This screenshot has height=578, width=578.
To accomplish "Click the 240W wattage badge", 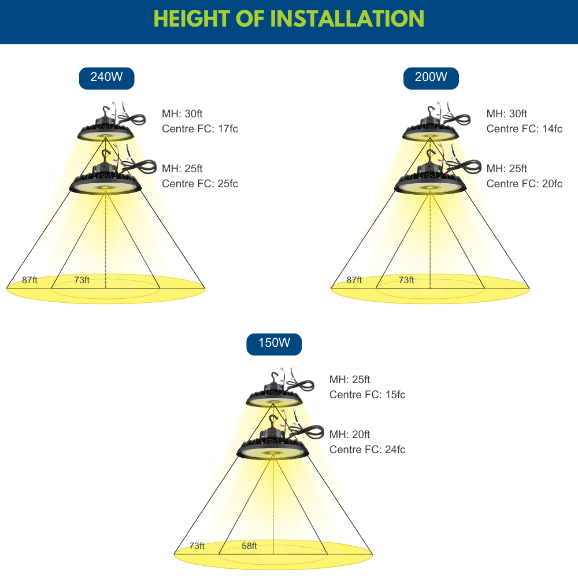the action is point(106,78).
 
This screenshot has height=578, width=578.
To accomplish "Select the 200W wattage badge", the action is point(431,78).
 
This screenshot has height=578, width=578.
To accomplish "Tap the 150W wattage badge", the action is point(274,344).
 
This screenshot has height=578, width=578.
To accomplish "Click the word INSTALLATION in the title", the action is point(347,18).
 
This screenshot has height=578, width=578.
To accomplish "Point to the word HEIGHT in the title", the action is point(192,18).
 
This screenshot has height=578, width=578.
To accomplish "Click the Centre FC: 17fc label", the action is point(200,129).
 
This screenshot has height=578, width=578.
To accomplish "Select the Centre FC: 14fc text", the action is point(524,129).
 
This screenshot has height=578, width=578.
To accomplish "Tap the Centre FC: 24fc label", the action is point(367,449).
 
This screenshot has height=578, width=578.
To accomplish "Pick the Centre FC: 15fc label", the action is point(367,394).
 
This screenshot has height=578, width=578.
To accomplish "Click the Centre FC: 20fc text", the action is point(524,184).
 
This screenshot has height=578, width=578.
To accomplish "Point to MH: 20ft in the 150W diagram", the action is point(350,434).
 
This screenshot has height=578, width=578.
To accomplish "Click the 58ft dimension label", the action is point(249,546).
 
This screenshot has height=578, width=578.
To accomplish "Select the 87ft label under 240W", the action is point(29,280).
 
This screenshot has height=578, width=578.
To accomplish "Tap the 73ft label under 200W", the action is point(406,280).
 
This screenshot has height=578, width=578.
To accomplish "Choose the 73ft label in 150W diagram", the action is point(197,546).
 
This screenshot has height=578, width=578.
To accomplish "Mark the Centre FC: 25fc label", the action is point(200,184).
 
